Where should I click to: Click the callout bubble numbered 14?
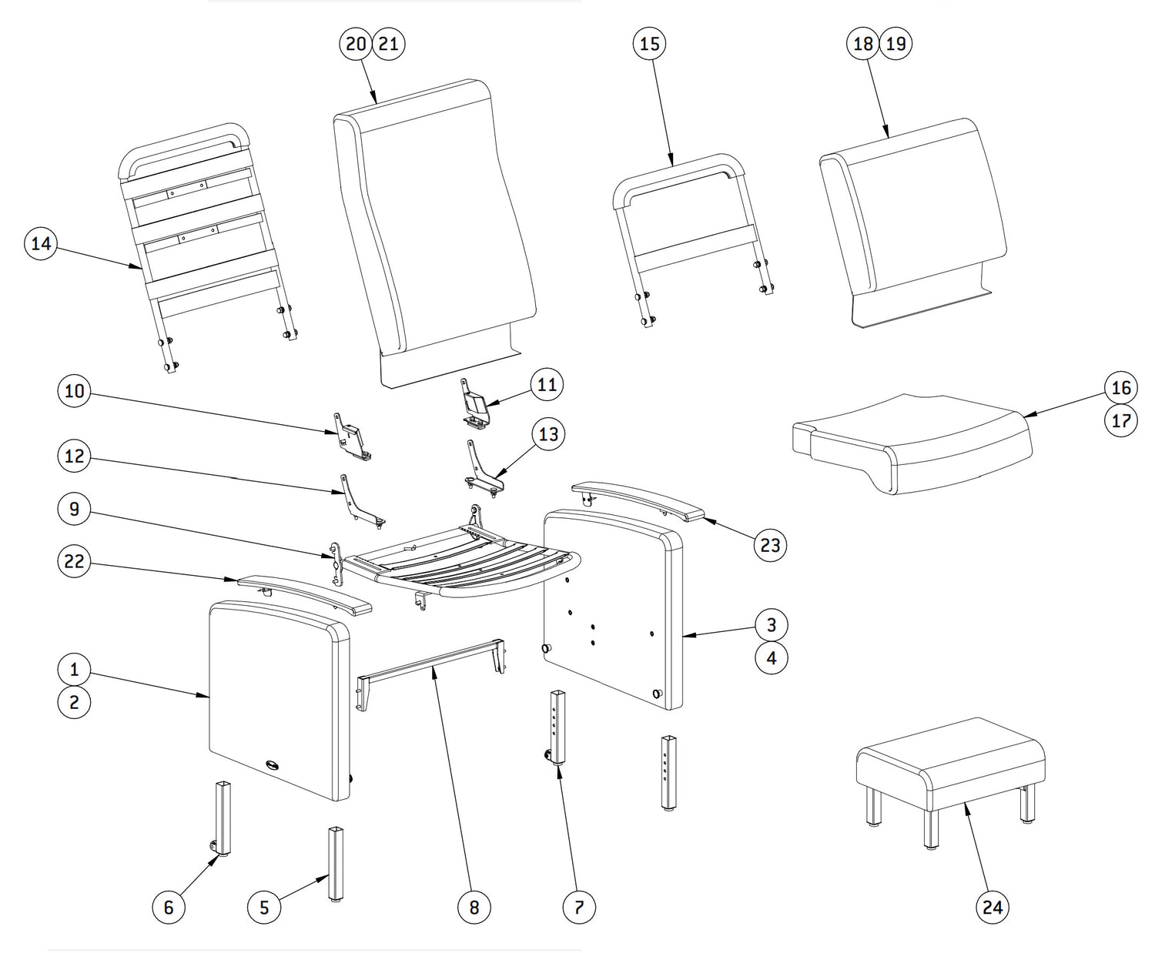(41, 244)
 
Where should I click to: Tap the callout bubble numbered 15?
(650, 44)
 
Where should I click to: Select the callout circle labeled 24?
(993, 908)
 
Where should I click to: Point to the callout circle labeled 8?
(474, 908)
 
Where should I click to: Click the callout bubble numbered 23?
(770, 545)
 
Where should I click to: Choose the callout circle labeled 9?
(74, 510)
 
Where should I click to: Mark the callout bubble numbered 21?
(389, 44)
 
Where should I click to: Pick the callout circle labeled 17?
(1121, 421)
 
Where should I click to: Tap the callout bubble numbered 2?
(74, 702)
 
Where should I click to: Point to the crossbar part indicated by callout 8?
(431, 667)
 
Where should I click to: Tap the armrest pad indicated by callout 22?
(304, 594)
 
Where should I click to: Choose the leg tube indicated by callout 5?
(336, 862)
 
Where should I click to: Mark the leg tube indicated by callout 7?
(556, 727)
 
